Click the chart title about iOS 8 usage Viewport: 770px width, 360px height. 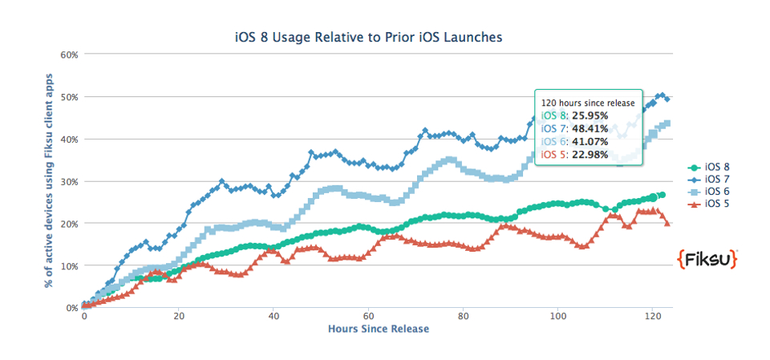368,37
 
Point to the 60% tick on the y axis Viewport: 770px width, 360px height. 69,55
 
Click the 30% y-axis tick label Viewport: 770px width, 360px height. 69,181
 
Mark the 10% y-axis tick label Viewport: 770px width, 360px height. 69,265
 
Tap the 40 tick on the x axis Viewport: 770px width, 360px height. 273,316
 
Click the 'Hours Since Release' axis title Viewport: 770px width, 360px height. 379,329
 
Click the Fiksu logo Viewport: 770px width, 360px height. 707,259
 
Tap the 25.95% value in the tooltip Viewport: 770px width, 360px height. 590,115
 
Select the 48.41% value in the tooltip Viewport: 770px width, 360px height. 590,128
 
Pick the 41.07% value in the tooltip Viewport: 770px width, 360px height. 590,141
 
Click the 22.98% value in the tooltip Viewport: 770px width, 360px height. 590,154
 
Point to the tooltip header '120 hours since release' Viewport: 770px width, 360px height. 588,103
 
